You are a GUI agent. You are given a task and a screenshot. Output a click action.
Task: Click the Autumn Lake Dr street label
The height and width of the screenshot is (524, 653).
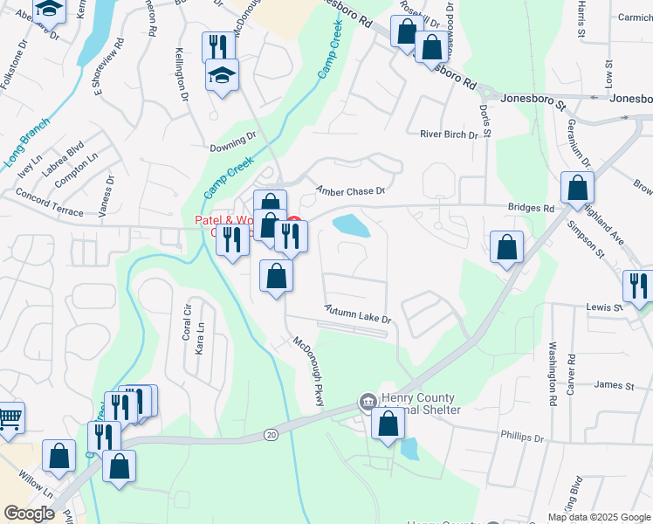coord(358,314)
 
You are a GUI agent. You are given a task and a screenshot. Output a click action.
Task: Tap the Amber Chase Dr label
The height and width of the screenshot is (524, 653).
coord(350,190)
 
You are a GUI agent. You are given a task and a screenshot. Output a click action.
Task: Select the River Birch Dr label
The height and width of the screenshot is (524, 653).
coord(450,134)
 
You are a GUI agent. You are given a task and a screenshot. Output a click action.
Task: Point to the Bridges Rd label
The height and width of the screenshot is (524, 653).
coord(532,210)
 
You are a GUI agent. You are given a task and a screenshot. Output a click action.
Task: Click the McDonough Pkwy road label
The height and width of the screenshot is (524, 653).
coord(308,371)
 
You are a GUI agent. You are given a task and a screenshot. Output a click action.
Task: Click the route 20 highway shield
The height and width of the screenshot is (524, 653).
coord(272,435)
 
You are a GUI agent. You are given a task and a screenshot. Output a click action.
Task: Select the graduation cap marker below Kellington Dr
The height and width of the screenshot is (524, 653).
coord(223,76)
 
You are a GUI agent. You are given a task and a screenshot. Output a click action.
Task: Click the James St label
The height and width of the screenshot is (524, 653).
coord(613,385)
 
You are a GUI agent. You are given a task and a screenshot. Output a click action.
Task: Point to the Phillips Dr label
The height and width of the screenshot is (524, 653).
coord(522,437)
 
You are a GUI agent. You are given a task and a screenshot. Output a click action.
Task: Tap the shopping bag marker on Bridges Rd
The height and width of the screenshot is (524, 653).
coord(577,188)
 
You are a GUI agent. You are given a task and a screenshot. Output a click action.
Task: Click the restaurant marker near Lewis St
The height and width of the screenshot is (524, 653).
coord(639,286)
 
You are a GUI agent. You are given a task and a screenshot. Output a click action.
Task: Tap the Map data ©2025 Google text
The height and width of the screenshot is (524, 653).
coord(598,517)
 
